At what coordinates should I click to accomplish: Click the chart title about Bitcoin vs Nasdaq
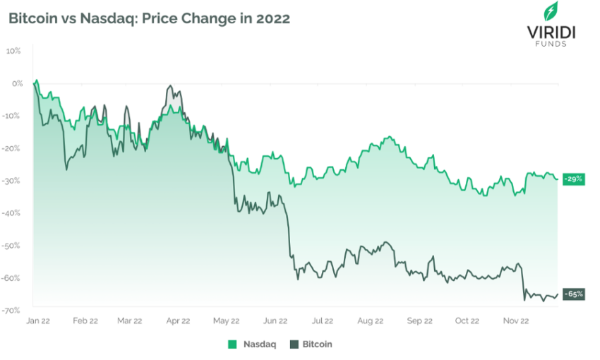(x=149, y=19)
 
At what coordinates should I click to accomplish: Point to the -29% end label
(x=574, y=179)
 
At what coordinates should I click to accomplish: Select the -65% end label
(x=574, y=294)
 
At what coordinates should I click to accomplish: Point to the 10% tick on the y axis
(x=14, y=51)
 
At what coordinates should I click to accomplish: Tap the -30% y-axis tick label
(x=13, y=180)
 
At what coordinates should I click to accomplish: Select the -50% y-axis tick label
(x=13, y=245)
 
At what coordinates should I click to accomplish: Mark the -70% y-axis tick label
(x=13, y=310)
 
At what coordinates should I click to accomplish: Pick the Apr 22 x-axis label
(x=177, y=320)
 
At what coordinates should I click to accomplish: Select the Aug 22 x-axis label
(x=370, y=320)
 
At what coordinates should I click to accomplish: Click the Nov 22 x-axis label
(x=515, y=320)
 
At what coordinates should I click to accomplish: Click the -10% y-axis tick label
(x=13, y=116)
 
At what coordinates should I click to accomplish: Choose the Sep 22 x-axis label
(x=419, y=320)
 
